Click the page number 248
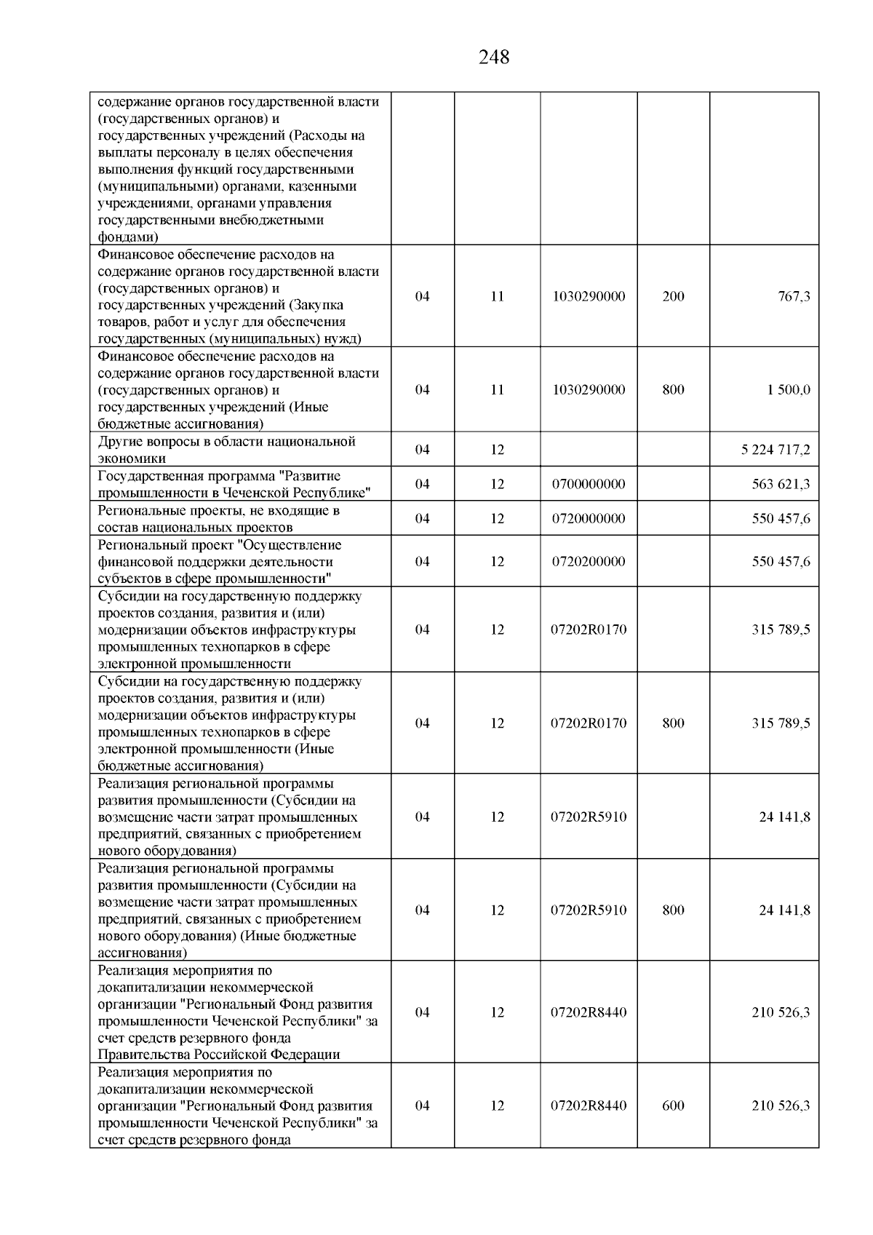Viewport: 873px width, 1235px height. tap(494, 57)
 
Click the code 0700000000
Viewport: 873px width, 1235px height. tap(589, 484)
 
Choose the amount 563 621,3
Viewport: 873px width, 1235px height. tap(781, 484)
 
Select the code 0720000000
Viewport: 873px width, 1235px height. tap(589, 519)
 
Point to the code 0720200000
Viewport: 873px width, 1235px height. tap(589, 562)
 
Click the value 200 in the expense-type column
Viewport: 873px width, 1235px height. tap(673, 296)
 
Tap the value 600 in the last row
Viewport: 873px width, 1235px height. tap(673, 1105)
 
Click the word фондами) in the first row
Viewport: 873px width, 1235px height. tap(128, 237)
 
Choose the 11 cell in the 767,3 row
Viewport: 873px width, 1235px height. tap(497, 296)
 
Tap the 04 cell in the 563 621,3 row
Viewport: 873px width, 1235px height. tap(422, 484)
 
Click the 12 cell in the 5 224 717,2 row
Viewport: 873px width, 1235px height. tap(497, 450)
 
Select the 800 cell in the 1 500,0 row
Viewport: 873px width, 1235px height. tap(673, 389)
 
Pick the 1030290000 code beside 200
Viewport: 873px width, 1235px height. tap(589, 296)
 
